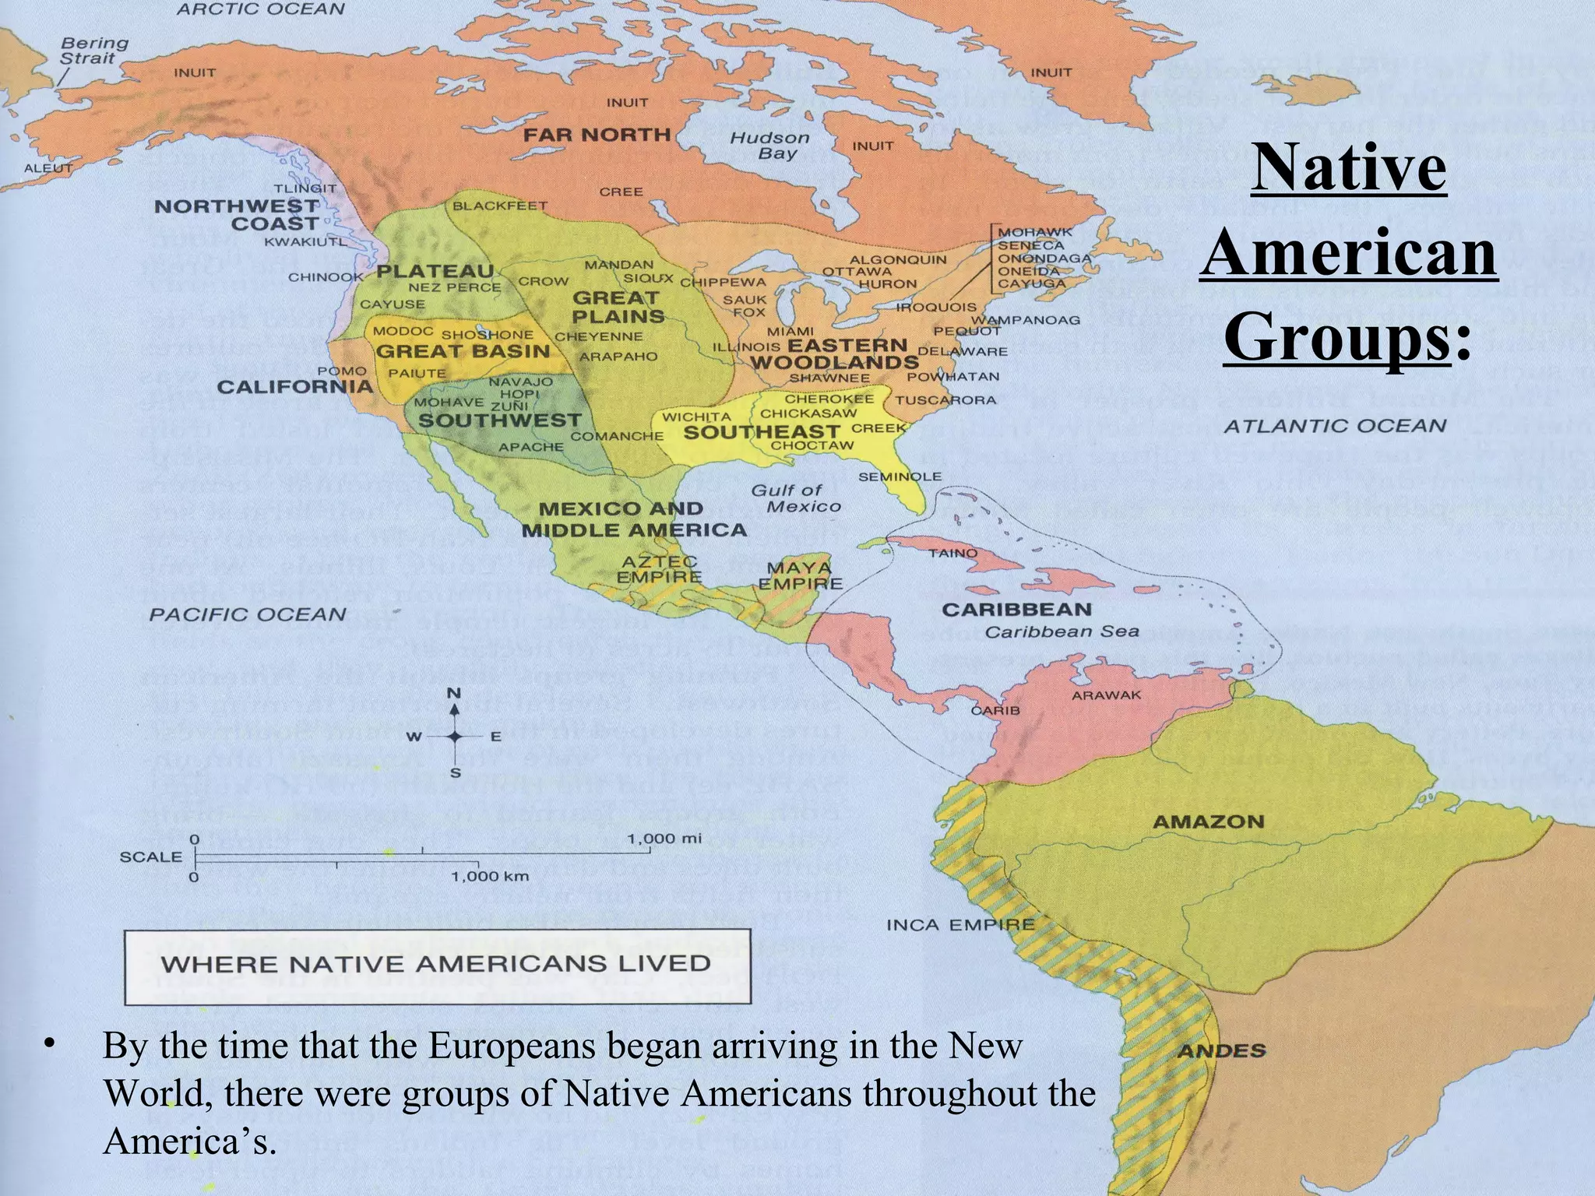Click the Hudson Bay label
tap(769, 146)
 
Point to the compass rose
tap(455, 735)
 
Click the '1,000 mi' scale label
tap(664, 839)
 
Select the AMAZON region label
tap(1208, 821)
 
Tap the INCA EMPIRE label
tap(960, 925)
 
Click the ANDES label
tap(1221, 1051)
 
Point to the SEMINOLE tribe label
tap(900, 477)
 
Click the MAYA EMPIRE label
tap(800, 575)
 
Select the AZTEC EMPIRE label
tap(659, 569)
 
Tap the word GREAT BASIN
tap(463, 351)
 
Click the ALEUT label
tap(48, 168)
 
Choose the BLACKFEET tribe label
tap(500, 206)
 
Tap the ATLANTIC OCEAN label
tap(1334, 426)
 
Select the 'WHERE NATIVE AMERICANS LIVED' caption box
tap(437, 966)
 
